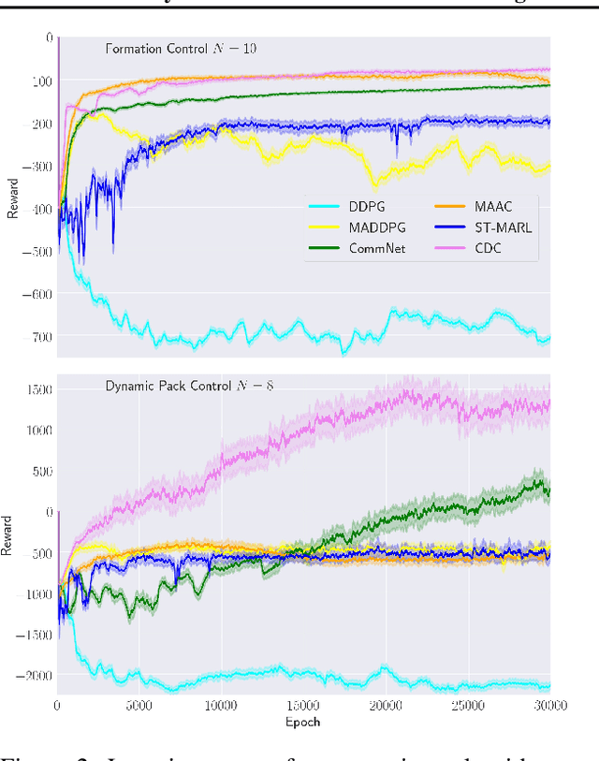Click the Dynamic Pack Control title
[175, 385]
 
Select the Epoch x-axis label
[302, 723]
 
